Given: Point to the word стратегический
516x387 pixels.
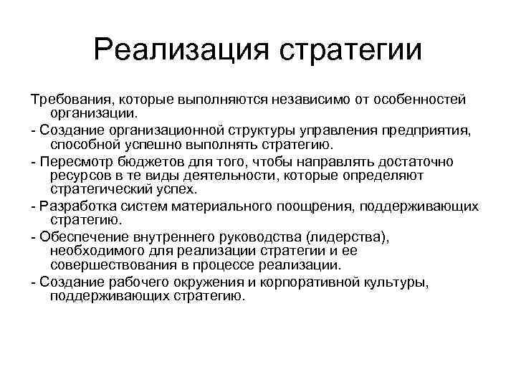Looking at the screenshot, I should click(100, 189).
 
